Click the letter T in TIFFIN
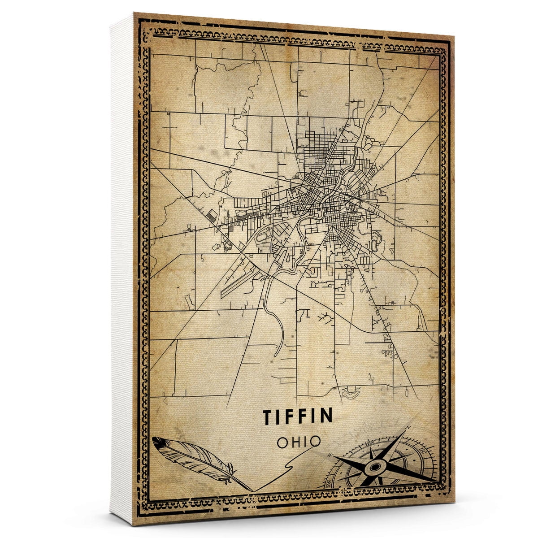pos(268,416)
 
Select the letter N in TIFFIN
pos(326,416)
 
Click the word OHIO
pos(299,441)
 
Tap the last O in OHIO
pos(316,441)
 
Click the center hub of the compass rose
pos(373,468)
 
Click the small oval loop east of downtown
pos(375,245)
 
